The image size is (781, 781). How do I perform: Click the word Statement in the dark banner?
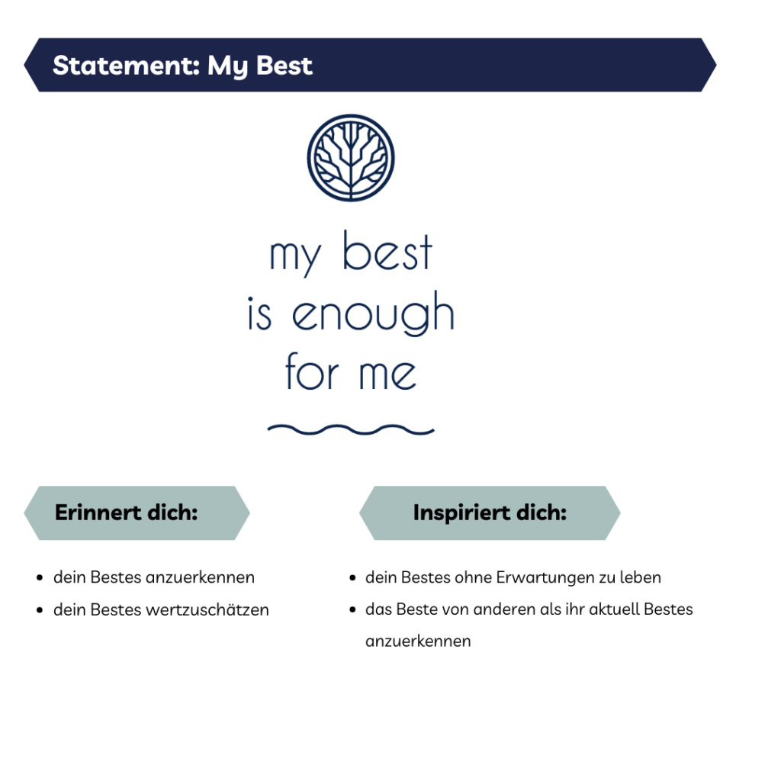(x=126, y=66)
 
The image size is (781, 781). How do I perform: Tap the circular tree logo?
(x=351, y=158)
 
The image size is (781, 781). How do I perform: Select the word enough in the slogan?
(x=373, y=313)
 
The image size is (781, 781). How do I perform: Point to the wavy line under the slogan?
(x=351, y=429)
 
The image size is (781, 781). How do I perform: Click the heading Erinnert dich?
(x=127, y=513)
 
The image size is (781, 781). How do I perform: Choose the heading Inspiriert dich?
(x=490, y=513)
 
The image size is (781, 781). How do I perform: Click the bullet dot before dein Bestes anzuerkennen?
(x=40, y=578)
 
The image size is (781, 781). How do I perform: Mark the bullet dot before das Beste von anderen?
(x=352, y=609)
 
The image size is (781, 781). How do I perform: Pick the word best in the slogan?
(x=387, y=251)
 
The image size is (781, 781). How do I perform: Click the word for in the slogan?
(x=312, y=371)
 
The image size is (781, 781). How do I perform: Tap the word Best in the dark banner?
(x=284, y=66)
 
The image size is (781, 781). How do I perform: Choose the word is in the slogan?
(x=259, y=313)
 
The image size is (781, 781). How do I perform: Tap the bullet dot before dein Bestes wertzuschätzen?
(x=40, y=609)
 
